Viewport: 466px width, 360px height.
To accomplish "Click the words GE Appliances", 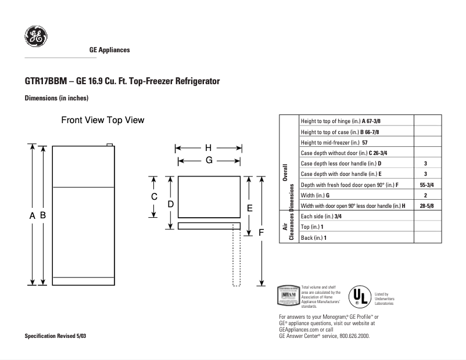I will (x=109, y=50).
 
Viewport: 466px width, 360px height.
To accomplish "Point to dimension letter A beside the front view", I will (x=33, y=215).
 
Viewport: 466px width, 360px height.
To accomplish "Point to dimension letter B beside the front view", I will (x=43, y=215).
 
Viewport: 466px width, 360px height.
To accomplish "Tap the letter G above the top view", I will (x=207, y=160).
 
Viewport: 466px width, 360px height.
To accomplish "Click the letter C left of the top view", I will (x=154, y=197).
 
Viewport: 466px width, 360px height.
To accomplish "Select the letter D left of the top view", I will (x=171, y=204).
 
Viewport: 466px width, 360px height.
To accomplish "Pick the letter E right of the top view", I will (x=249, y=207).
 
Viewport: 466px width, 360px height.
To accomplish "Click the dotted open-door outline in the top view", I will (x=236, y=255).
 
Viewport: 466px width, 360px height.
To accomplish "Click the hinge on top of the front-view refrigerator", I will (x=109, y=144).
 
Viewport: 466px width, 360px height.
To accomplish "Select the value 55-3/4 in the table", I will (x=425, y=185).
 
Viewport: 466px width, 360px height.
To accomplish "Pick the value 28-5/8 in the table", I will (x=425, y=206).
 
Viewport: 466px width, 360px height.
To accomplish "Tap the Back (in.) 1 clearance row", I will (x=314, y=238).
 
